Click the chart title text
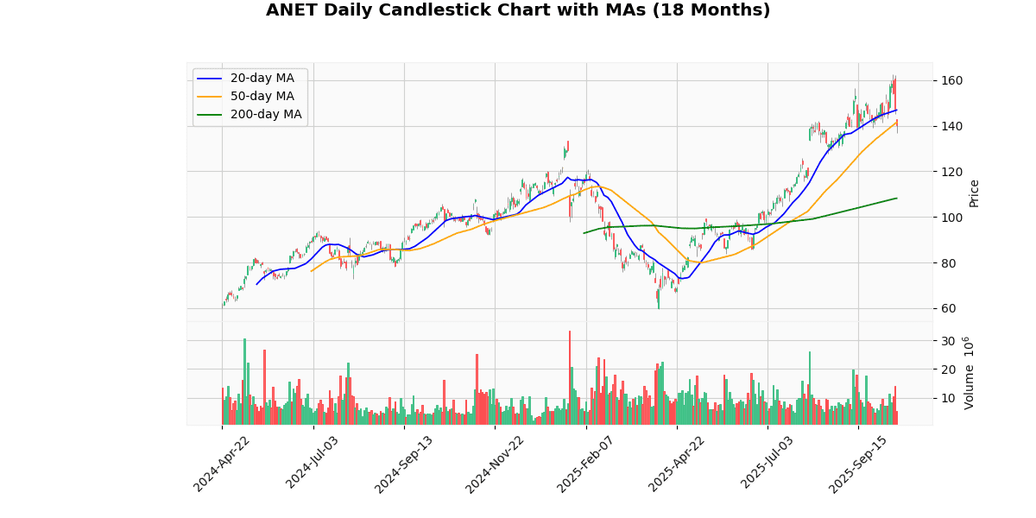pos(518,10)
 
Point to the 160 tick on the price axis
pos(951,81)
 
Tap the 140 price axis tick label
pos(951,126)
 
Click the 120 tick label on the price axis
pos(951,172)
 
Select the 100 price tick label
pos(951,218)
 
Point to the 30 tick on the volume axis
pos(948,341)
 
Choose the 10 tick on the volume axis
pos(948,399)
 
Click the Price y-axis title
pos(975,193)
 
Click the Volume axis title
pos(970,373)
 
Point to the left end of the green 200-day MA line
pos(584,233)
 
